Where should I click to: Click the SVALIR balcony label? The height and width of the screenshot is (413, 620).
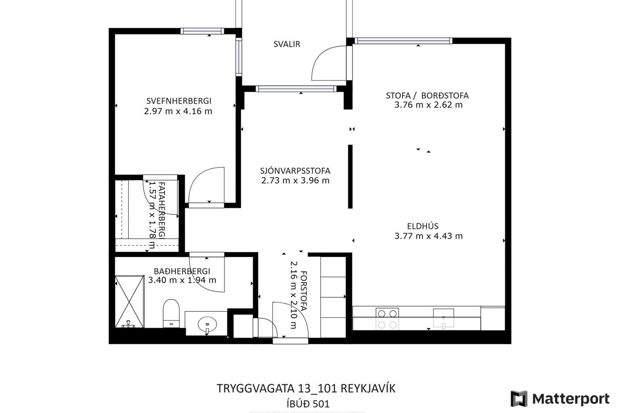(x=287, y=44)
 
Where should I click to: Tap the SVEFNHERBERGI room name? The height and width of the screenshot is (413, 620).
(x=179, y=101)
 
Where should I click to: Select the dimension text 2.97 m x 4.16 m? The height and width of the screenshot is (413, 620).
(x=178, y=111)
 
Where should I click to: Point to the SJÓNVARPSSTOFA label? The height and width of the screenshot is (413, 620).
(x=295, y=171)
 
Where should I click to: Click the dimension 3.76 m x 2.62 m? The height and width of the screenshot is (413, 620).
(x=428, y=105)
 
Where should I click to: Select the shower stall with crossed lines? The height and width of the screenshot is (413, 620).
(x=129, y=301)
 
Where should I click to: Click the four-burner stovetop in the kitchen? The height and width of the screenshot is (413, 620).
(x=387, y=319)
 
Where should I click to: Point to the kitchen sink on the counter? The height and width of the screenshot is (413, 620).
(x=443, y=318)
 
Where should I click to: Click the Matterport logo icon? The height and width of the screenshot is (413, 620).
(x=519, y=398)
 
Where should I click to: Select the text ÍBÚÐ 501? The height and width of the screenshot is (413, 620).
(x=308, y=404)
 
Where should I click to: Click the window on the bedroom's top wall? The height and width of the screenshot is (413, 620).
(x=202, y=31)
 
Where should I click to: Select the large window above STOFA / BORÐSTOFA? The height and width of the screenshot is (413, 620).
(x=403, y=41)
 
